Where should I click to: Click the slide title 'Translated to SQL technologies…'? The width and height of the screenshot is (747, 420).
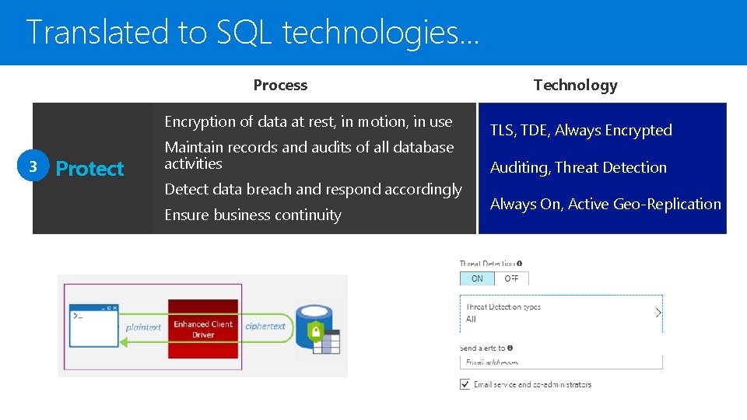[x=254, y=33]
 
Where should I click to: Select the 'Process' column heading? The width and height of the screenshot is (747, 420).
[x=280, y=86]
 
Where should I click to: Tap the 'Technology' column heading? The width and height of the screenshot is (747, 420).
[x=575, y=86]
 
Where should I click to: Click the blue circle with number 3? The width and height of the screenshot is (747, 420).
[x=33, y=168]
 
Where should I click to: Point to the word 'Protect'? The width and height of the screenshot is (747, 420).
[x=89, y=169]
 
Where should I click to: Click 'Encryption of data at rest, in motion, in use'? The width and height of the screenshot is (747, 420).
[x=308, y=121]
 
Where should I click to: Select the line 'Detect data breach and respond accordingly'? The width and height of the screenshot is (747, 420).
[x=313, y=189]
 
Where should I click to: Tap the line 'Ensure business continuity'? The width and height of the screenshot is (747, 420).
[x=253, y=215]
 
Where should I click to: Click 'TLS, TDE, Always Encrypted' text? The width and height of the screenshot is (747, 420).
[x=580, y=131]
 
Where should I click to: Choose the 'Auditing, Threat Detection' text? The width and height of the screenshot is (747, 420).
[x=578, y=167]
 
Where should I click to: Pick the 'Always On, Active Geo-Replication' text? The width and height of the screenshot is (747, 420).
[x=605, y=204]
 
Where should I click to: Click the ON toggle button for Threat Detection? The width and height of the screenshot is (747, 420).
[x=477, y=278]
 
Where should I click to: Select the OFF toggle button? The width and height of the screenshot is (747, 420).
[x=511, y=278]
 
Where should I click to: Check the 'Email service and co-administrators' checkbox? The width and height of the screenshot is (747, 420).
[x=465, y=384]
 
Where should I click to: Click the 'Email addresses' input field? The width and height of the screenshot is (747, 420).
[x=560, y=362]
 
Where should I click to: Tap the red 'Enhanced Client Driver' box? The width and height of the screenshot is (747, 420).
[x=203, y=329]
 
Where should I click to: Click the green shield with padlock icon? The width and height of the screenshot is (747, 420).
[x=315, y=331]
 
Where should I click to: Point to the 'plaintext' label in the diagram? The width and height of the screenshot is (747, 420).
[x=143, y=327]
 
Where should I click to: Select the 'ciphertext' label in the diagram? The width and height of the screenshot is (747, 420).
[x=265, y=326]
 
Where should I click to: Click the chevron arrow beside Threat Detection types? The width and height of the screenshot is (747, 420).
[x=658, y=313]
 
